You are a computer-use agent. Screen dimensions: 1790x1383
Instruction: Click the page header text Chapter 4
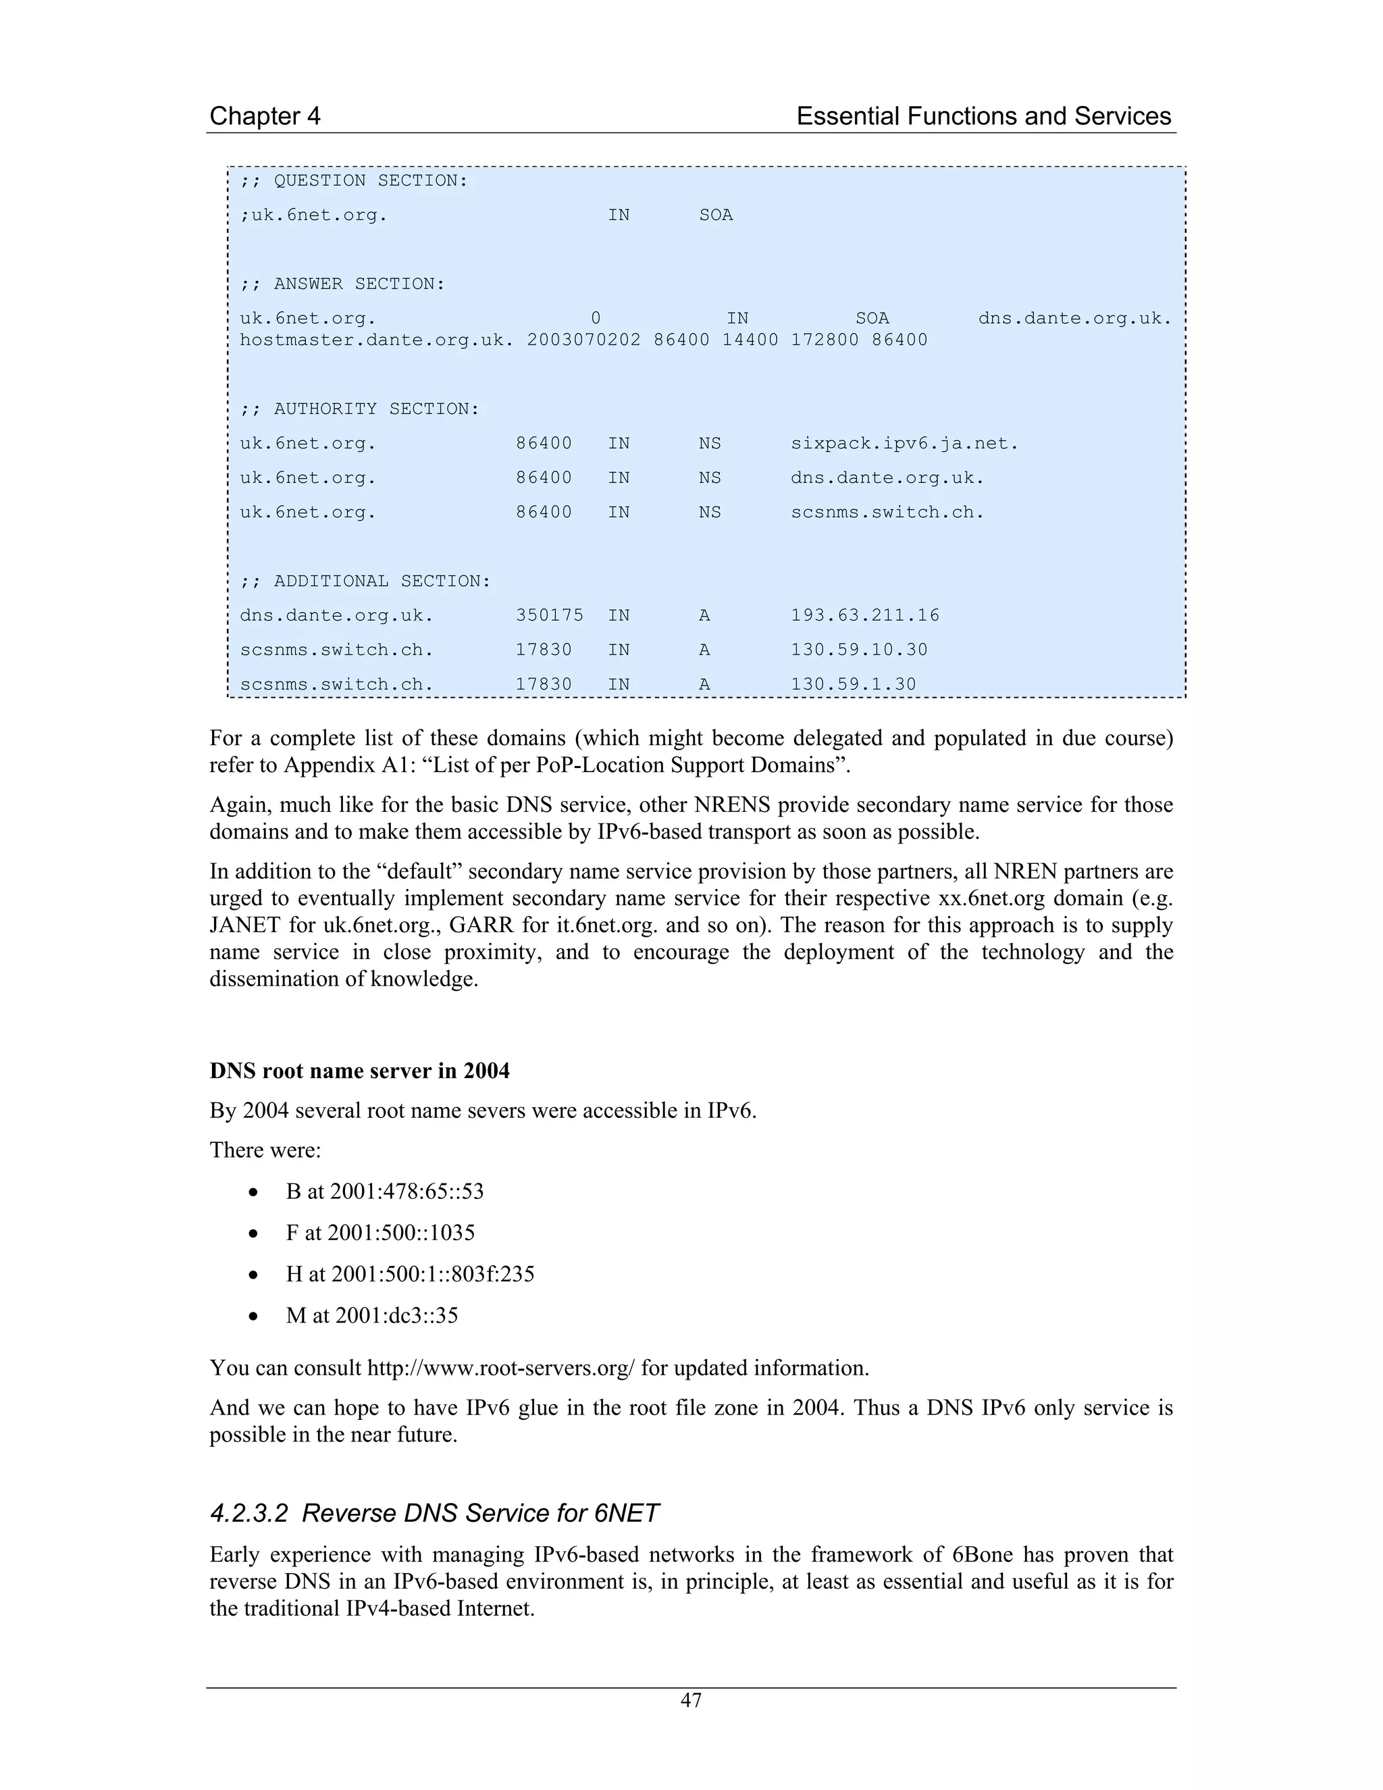[265, 116]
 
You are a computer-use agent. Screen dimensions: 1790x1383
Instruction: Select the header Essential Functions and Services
[983, 116]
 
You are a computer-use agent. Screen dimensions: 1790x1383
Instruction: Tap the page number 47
[691, 1700]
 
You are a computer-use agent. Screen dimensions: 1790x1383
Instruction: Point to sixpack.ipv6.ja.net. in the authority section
[904, 443]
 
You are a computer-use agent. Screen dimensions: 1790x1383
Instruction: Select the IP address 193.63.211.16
[865, 615]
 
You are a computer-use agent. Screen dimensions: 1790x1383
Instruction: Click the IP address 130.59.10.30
[859, 650]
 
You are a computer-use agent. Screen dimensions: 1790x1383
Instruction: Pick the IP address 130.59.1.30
[853, 684]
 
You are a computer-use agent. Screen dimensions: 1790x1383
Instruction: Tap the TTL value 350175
[549, 615]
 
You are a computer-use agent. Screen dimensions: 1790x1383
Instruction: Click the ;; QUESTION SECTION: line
[354, 180]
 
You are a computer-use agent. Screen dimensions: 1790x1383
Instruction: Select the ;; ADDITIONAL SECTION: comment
[365, 581]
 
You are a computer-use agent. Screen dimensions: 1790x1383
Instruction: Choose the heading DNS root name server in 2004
[360, 1071]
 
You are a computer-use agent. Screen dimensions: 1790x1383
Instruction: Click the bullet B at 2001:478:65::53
[384, 1191]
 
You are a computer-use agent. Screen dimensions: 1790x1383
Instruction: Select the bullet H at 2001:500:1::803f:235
[410, 1274]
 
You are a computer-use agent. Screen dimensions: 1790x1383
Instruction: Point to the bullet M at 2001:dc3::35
[371, 1315]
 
